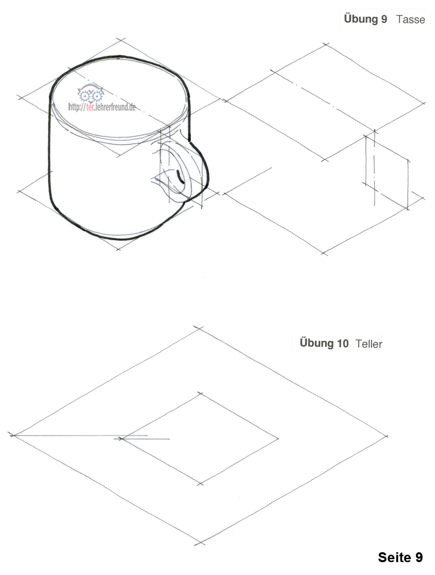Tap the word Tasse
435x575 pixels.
click(x=410, y=19)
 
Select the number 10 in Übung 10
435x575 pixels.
click(x=342, y=343)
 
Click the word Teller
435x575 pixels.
click(x=369, y=344)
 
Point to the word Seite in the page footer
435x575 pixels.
click(x=394, y=557)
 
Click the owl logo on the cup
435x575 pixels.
click(x=90, y=93)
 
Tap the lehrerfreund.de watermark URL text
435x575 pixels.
click(x=102, y=107)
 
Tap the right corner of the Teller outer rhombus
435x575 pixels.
click(x=386, y=436)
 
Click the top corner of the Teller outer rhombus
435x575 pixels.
click(x=198, y=328)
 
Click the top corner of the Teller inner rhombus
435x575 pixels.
click(x=200, y=394)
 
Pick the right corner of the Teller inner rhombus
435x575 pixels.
click(x=278, y=438)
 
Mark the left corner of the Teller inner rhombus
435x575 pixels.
click(x=121, y=438)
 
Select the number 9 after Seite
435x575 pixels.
click(x=419, y=557)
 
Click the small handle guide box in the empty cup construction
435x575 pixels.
click(x=387, y=173)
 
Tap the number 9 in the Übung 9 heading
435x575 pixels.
click(x=384, y=19)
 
